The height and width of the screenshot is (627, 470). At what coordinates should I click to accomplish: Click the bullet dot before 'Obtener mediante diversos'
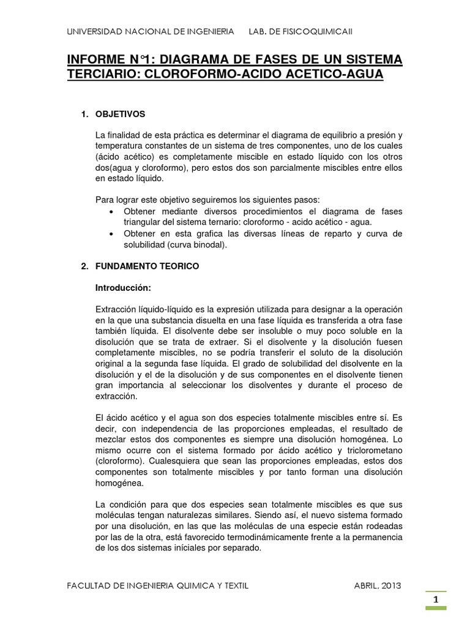click(111, 212)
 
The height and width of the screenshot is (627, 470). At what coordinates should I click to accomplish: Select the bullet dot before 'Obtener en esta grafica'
click(111, 235)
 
